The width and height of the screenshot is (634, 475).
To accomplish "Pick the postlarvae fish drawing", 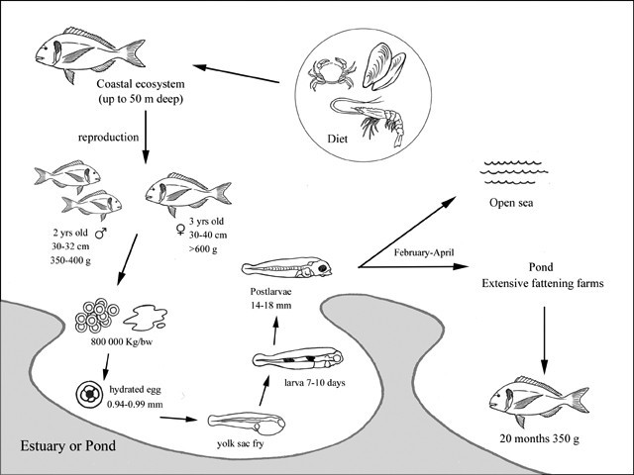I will pyautogui.click(x=296, y=268).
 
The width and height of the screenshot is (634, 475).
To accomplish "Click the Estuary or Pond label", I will pyautogui.click(x=68, y=446).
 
